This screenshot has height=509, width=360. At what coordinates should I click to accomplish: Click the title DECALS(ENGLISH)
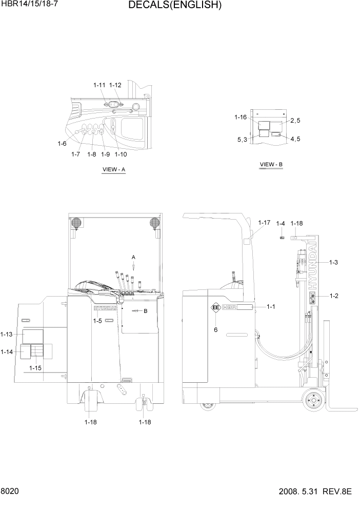point(175,6)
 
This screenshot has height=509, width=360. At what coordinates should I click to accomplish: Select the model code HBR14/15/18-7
point(31,6)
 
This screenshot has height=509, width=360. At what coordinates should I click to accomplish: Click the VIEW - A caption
point(114,170)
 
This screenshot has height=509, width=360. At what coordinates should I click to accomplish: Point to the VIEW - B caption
point(271,165)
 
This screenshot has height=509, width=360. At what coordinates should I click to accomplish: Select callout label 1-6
point(62,144)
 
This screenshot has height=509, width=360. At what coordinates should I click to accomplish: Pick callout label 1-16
point(241,118)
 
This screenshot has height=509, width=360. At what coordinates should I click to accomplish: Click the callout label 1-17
point(264,223)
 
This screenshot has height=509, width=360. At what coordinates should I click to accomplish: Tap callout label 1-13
point(7,335)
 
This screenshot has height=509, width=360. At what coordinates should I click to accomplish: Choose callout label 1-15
point(35,368)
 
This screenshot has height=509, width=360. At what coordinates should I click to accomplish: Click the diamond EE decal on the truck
point(215,308)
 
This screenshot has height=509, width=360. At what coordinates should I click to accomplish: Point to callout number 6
point(215,330)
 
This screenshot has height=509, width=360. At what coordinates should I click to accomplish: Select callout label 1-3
point(333,262)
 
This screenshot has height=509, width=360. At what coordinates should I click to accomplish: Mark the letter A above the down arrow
point(133,257)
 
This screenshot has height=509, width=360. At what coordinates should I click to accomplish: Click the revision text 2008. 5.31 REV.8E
point(316,492)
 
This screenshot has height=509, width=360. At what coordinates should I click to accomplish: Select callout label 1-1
point(271,306)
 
